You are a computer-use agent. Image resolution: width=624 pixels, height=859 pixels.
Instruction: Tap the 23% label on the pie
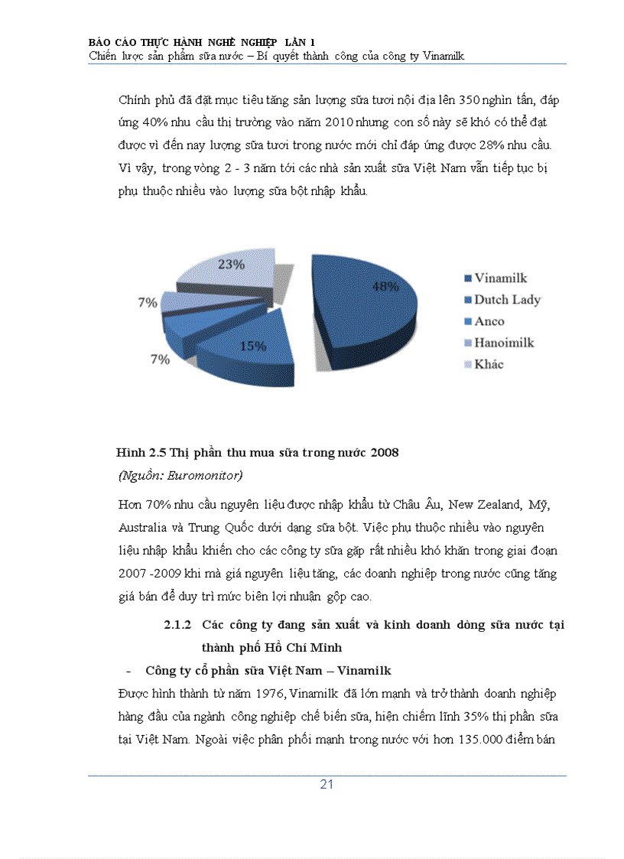click(x=231, y=265)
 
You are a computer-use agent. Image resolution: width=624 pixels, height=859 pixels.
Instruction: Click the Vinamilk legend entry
click(x=500, y=278)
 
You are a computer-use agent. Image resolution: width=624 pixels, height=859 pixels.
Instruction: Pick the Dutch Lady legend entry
click(x=506, y=300)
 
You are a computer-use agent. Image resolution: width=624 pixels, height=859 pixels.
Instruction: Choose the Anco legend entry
click(x=489, y=321)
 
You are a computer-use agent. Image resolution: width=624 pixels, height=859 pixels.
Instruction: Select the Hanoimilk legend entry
click(x=503, y=343)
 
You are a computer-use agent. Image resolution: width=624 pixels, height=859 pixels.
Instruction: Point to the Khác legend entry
click(x=489, y=364)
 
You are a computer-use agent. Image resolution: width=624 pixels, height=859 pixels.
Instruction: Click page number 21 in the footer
click(x=327, y=784)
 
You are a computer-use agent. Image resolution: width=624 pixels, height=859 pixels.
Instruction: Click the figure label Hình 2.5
click(x=140, y=453)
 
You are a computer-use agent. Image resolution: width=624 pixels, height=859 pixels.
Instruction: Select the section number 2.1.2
click(x=178, y=625)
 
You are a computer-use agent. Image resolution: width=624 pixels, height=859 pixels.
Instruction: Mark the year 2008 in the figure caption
click(x=384, y=453)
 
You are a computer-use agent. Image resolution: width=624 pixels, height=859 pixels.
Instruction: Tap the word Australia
click(x=142, y=528)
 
